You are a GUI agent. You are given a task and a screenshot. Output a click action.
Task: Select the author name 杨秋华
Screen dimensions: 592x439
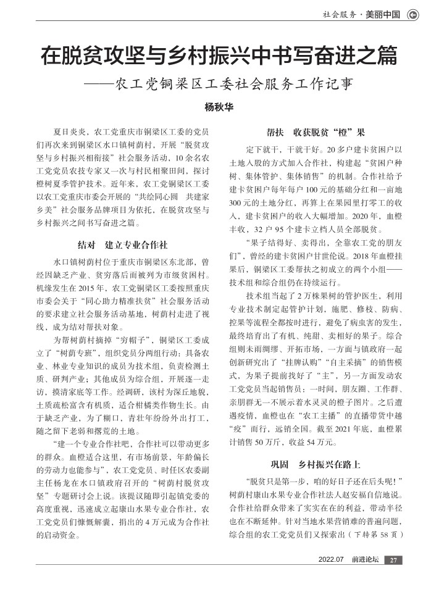tap(219, 106)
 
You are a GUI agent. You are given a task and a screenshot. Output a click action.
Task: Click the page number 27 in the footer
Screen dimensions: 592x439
tap(393, 561)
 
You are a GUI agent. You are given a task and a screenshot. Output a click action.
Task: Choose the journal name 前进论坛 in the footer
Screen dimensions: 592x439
tap(364, 561)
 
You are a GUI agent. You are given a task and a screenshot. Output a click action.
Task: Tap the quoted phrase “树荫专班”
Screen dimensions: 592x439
tap(76, 352)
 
